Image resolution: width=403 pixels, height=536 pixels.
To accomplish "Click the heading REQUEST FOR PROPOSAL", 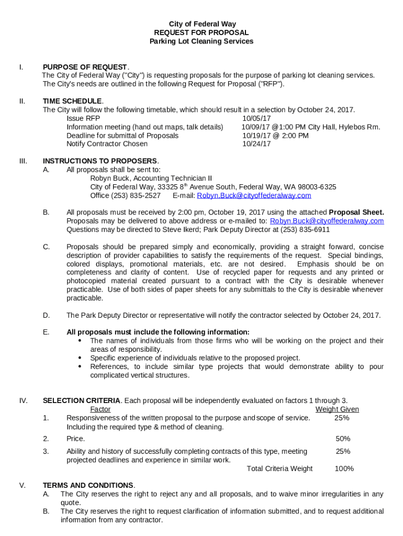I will click(201, 32).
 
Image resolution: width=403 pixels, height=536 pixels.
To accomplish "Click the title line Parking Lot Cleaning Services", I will click(201, 41).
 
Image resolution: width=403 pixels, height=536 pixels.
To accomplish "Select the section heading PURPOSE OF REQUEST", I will click(85, 67).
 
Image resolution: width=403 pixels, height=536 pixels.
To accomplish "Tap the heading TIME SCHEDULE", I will click(72, 101).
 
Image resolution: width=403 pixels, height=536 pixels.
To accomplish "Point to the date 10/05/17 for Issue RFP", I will click(256, 118).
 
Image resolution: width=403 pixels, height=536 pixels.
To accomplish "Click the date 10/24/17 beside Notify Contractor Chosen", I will click(256, 144).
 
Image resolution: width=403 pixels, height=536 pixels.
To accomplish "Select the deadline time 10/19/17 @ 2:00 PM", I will click(275, 136).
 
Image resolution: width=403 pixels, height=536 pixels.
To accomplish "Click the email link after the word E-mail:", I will click(254, 195).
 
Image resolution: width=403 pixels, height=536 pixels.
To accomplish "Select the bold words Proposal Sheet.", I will click(356, 213).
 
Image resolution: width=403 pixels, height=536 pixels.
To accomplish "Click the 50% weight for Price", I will click(343, 439).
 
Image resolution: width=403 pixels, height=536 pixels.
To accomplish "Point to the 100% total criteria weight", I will click(344, 468).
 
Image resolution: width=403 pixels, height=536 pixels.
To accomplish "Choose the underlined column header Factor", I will click(100, 409).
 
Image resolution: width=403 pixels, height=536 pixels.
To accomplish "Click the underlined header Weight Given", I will click(337, 409).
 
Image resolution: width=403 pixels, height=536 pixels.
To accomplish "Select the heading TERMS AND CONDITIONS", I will click(88, 485).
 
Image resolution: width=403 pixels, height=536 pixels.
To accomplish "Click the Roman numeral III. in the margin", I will click(24, 161).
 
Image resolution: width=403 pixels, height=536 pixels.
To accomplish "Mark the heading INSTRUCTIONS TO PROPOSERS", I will click(99, 161).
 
